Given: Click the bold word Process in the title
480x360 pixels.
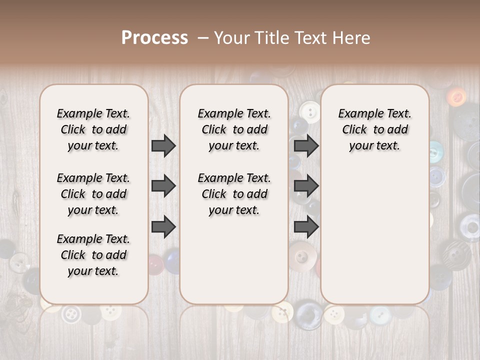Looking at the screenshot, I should (x=154, y=37).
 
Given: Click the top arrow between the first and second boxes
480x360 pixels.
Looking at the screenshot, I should (x=163, y=146).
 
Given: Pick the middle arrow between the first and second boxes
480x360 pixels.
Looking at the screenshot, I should (x=163, y=186).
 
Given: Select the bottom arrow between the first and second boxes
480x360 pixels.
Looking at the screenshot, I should (x=163, y=227).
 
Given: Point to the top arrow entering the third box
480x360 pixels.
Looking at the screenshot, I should (x=306, y=146).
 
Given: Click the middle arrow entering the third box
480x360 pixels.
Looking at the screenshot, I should (x=306, y=186).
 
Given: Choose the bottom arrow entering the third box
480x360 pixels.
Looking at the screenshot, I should (x=306, y=227).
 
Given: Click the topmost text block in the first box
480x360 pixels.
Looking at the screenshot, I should (x=93, y=129).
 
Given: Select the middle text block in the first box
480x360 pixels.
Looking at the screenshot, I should (x=93, y=194).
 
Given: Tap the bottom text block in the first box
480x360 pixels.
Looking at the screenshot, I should (x=93, y=255).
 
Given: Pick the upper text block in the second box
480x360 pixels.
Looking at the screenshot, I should (x=234, y=129).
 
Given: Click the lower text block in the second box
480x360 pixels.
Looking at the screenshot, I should (x=234, y=194).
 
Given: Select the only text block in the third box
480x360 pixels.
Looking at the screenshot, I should (x=374, y=129).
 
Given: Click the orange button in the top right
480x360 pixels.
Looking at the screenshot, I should (x=455, y=96).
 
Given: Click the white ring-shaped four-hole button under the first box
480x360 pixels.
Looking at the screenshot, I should (x=71, y=314).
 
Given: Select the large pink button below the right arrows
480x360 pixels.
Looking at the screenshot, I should (x=301, y=256).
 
